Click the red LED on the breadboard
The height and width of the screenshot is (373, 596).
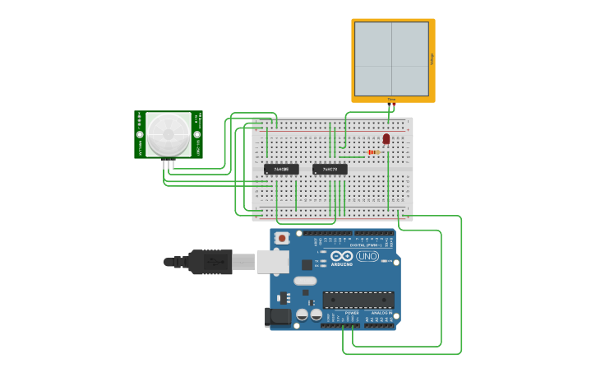pyautogui.click(x=386, y=138)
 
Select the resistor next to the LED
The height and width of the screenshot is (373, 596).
pyautogui.click(x=373, y=152)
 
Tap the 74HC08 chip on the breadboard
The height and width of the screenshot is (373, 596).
pyautogui.click(x=281, y=169)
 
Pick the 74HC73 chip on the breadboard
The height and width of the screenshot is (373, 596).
pyautogui.click(x=330, y=169)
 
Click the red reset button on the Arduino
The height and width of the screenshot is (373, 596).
pyautogui.click(x=282, y=238)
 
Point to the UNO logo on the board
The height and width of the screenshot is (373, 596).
pyautogui.click(x=367, y=256)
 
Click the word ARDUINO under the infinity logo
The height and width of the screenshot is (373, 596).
pyautogui.click(x=342, y=264)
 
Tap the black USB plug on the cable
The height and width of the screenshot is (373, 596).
pyautogui.click(x=210, y=262)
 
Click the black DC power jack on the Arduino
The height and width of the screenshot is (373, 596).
pyautogui.click(x=277, y=316)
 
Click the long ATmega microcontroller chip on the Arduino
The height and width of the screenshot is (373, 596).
pyautogui.click(x=358, y=300)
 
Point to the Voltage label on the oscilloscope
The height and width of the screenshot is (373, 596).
pyautogui.click(x=431, y=58)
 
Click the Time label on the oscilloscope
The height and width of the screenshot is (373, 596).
pyautogui.click(x=391, y=99)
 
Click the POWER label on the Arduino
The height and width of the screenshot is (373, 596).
pyautogui.click(x=352, y=313)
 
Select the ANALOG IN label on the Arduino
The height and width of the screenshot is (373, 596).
pyautogui.click(x=380, y=313)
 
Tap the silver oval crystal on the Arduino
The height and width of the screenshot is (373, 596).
pyautogui.click(x=304, y=281)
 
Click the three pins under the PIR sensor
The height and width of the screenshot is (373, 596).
pyautogui.click(x=169, y=162)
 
